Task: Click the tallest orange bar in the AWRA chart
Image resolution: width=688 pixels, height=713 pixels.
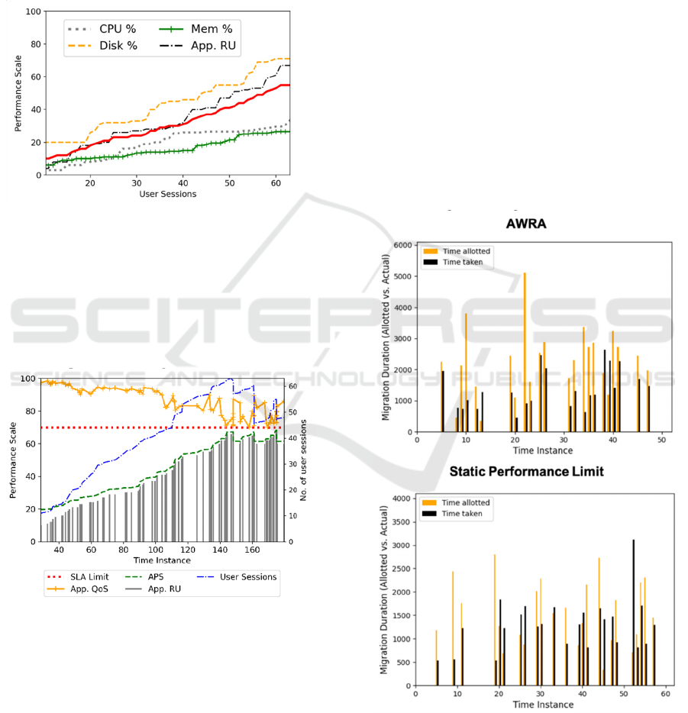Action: click(x=525, y=351)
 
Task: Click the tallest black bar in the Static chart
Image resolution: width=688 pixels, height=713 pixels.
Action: click(x=633, y=611)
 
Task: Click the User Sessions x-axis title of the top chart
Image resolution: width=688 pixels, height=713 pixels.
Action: click(x=168, y=195)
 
